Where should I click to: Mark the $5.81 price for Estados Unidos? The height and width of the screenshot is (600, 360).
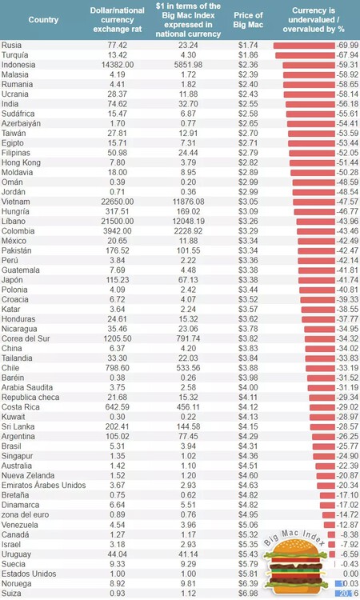pyautogui.click(x=247, y=574)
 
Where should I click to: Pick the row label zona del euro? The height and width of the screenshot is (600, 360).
pyautogui.click(x=26, y=516)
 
